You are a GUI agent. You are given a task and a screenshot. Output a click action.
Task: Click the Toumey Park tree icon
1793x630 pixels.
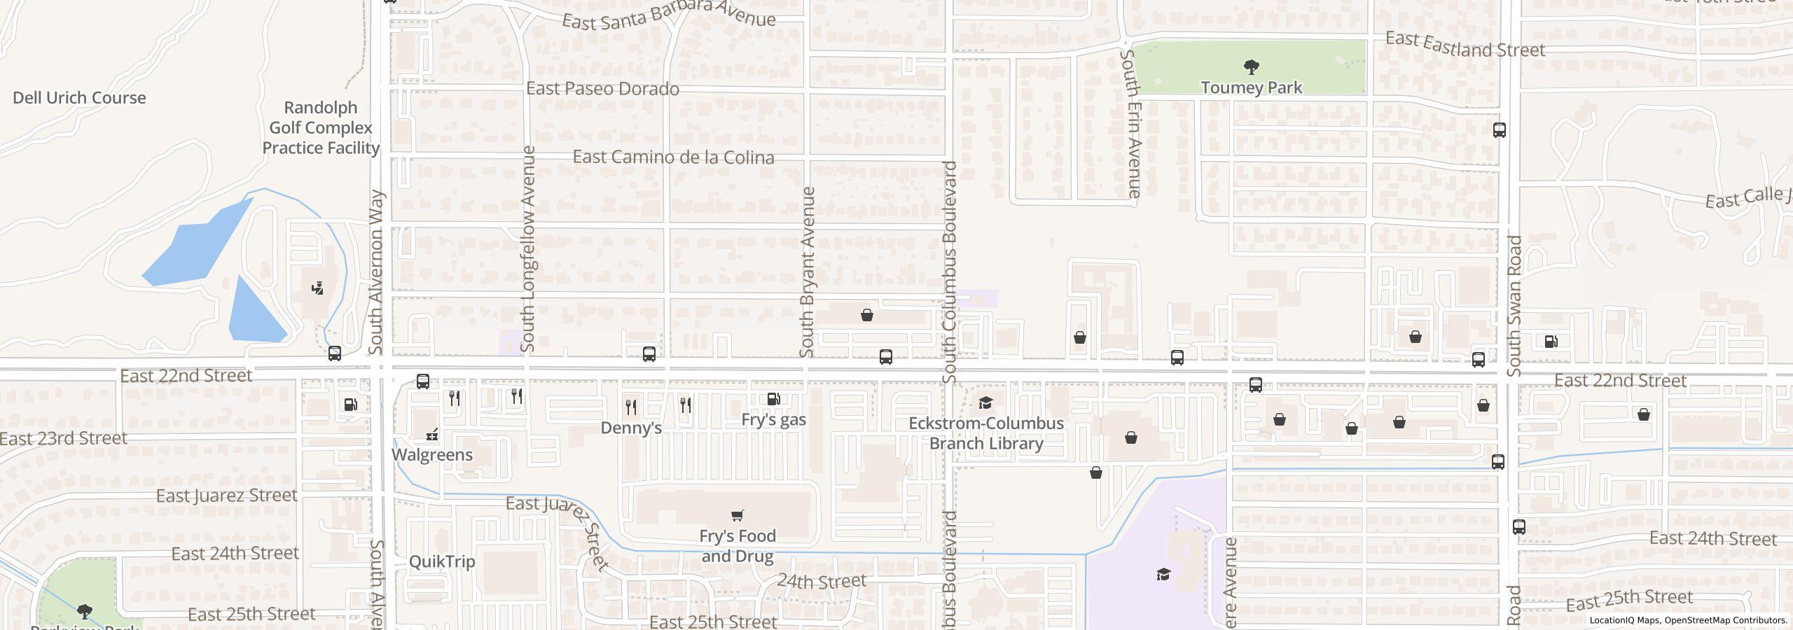(x=1251, y=67)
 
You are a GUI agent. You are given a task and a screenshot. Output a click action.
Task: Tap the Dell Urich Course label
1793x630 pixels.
(x=79, y=98)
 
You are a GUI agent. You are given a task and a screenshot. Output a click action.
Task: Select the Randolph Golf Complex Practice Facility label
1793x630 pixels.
(x=321, y=127)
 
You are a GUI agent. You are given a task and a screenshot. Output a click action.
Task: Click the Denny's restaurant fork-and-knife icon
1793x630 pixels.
(x=631, y=407)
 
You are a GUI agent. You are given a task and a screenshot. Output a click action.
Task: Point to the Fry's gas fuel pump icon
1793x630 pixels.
(x=774, y=400)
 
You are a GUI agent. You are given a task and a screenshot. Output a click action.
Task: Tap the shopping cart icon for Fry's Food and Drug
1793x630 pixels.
(x=737, y=516)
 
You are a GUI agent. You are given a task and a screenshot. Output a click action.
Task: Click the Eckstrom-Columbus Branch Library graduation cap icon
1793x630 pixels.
(x=985, y=402)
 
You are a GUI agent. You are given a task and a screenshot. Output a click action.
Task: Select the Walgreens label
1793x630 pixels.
(x=432, y=455)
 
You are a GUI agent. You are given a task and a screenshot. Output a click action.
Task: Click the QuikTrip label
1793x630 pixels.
(x=442, y=561)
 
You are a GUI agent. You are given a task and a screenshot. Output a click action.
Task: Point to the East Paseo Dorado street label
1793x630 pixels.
(x=602, y=89)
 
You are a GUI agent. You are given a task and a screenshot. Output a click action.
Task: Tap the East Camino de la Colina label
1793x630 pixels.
(x=673, y=157)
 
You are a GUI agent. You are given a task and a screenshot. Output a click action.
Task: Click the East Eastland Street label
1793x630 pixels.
(x=1465, y=45)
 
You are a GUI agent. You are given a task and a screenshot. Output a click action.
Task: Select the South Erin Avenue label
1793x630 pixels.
(x=1130, y=122)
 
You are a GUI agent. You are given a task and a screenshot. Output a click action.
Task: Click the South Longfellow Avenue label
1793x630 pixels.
(x=528, y=248)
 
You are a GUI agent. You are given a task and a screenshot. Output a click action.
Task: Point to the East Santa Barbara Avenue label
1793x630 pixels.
(x=669, y=14)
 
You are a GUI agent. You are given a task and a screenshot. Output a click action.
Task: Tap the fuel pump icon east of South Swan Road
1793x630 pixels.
(x=1551, y=342)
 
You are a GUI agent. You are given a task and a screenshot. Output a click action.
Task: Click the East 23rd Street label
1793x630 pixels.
(x=63, y=439)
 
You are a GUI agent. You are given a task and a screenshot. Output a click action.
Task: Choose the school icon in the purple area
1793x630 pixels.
(x=1163, y=575)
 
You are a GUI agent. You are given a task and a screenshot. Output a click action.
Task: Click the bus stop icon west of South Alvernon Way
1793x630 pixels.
(x=335, y=353)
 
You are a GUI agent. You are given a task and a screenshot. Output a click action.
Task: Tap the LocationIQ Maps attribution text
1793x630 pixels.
(x=1688, y=620)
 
